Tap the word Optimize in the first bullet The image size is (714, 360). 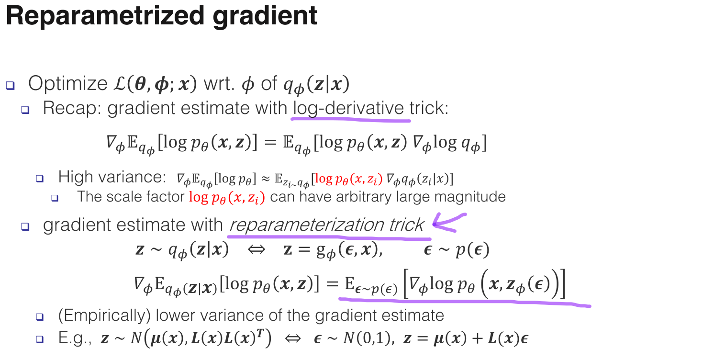point(68,84)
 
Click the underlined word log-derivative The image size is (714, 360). point(349,108)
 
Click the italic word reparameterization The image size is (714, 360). point(307,225)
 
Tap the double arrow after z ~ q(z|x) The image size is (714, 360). point(257,249)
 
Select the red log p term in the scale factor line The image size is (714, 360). point(227,197)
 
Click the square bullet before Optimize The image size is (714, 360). point(10,86)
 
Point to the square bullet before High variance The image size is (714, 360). point(40,178)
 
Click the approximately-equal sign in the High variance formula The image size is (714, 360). point(266,179)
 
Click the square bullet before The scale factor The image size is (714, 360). point(55,198)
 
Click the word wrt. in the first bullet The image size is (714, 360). point(220,84)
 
